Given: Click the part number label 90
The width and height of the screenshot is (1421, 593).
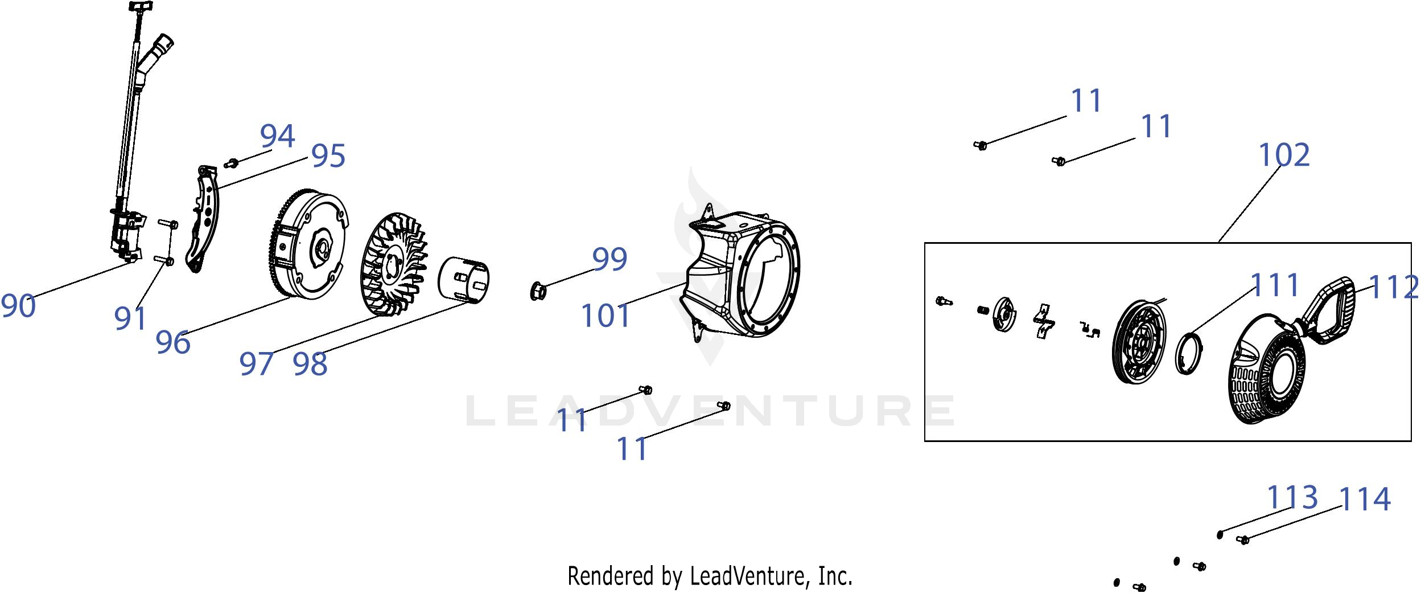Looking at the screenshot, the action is [18, 306].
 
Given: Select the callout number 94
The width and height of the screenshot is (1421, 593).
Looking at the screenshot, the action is [278, 136].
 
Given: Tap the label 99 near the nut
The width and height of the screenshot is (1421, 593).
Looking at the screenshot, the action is [610, 259].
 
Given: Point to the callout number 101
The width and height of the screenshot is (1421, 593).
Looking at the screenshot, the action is [606, 316].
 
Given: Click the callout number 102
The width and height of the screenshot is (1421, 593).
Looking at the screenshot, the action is [1284, 155].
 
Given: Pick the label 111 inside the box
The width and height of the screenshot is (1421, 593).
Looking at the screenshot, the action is [1275, 285].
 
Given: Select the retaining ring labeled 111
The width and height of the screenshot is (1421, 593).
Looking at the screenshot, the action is [1189, 354].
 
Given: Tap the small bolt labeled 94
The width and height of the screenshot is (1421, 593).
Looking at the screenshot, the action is [231, 164].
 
